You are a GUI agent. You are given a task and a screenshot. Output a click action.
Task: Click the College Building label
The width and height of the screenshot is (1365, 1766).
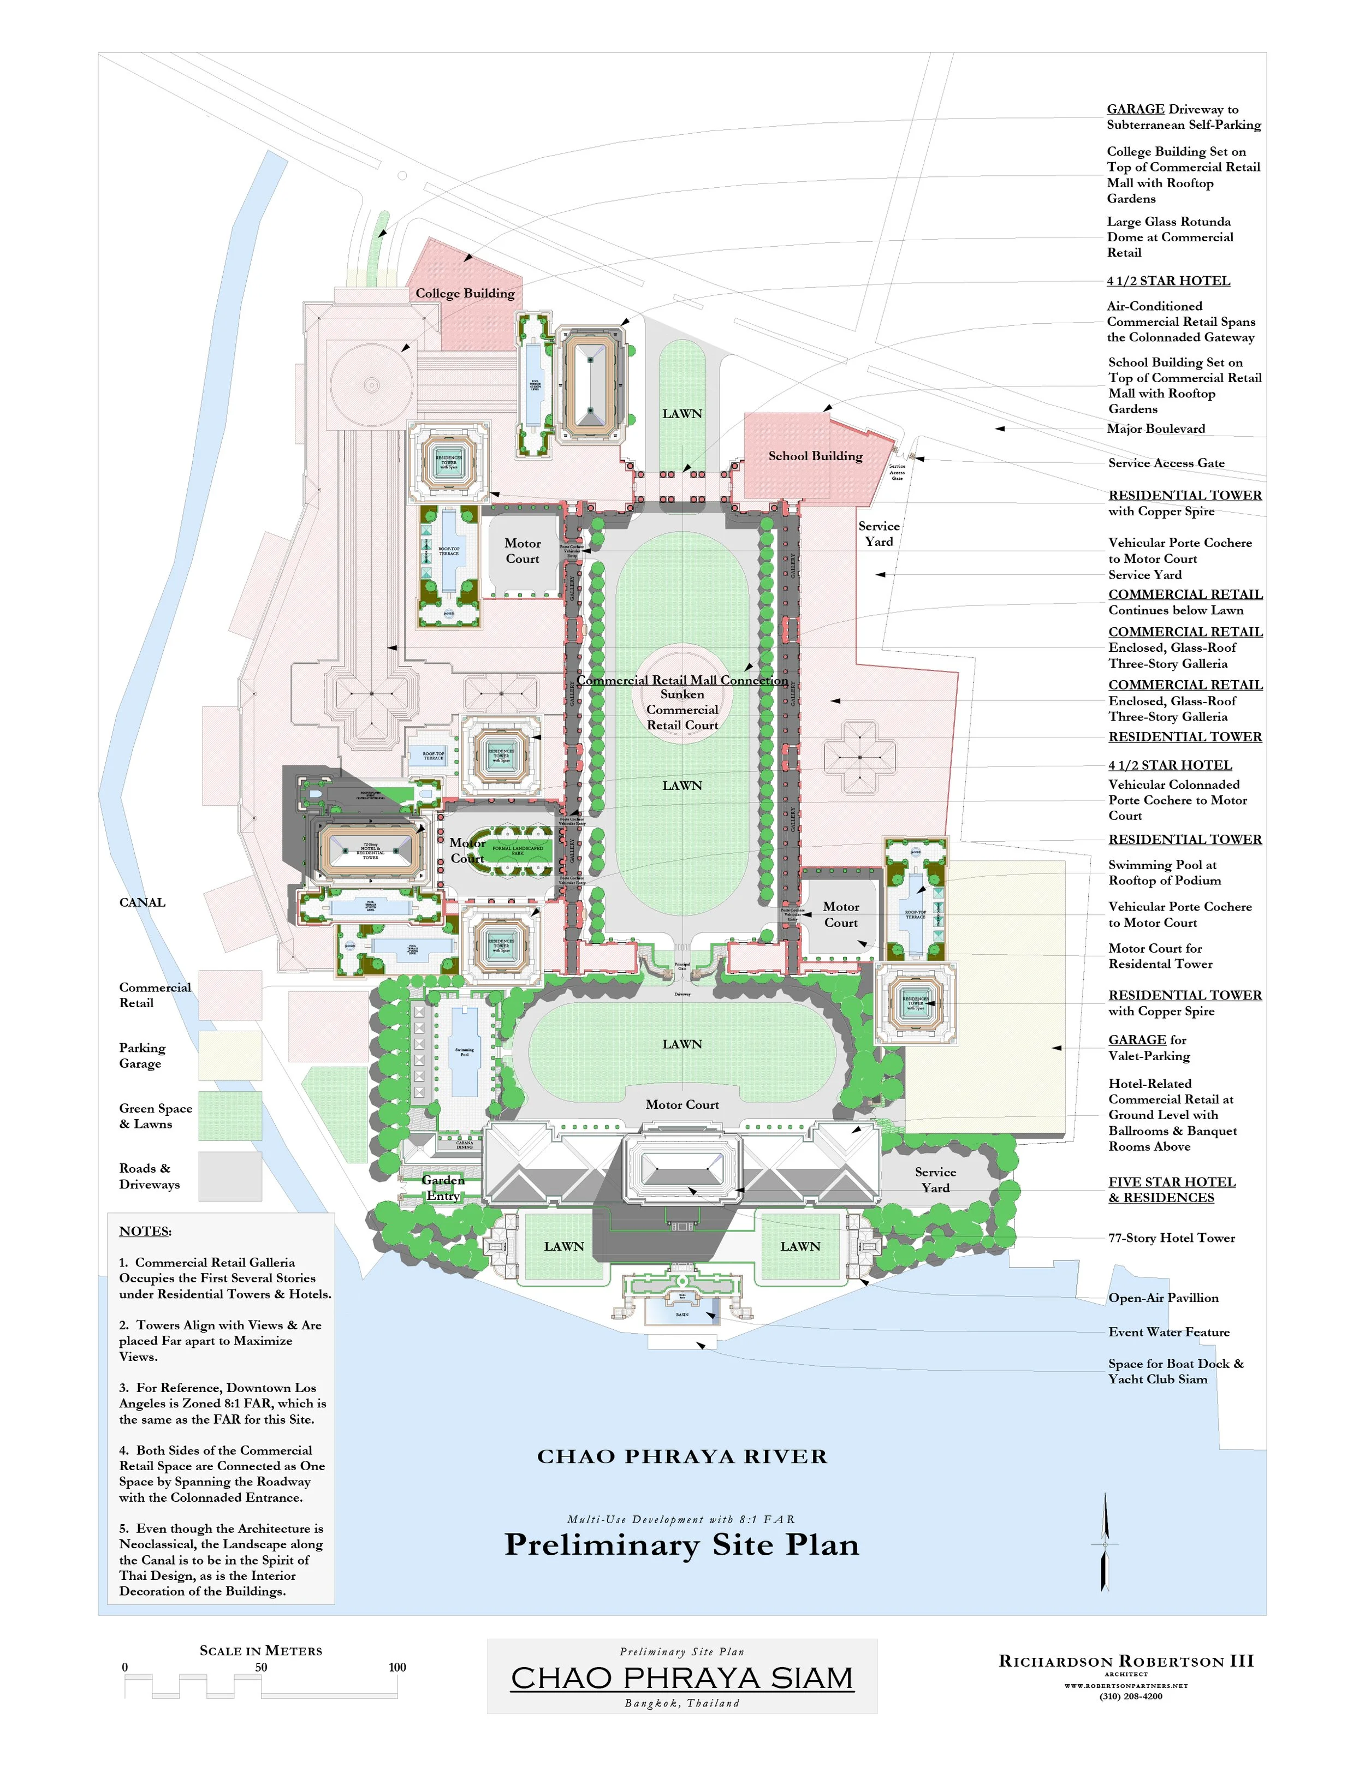(465, 294)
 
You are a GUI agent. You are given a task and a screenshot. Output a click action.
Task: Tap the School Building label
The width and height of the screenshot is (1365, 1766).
(815, 456)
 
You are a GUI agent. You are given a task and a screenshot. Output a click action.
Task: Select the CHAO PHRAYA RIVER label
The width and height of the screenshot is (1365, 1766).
(682, 1457)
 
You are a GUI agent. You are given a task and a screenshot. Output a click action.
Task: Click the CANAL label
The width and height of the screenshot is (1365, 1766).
(143, 902)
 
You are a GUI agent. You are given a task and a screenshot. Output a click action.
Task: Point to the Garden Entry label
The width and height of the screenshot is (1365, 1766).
(443, 1188)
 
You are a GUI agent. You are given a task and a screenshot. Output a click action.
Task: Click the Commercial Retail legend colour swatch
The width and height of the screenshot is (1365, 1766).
(230, 995)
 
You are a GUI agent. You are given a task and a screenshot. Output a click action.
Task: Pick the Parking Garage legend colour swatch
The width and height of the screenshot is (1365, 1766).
(230, 1055)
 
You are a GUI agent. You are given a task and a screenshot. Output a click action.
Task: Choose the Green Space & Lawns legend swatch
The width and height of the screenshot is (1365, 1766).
(230, 1116)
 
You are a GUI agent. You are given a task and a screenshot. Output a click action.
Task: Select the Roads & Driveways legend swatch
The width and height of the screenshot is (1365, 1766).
(230, 1176)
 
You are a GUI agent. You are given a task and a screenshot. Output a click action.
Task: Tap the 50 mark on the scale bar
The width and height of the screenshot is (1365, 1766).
(261, 1667)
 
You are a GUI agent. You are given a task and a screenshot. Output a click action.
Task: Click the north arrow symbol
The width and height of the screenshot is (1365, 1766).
(1105, 1544)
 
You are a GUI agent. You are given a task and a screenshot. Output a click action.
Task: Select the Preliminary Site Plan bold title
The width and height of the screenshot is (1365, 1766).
(682, 1545)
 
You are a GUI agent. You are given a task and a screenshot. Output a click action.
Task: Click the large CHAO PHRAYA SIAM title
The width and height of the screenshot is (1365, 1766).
(682, 1678)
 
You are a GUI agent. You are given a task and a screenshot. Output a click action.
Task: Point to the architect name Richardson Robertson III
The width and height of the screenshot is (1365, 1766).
(1126, 1662)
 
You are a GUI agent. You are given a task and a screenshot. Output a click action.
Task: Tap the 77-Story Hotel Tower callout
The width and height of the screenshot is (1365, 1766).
(1171, 1238)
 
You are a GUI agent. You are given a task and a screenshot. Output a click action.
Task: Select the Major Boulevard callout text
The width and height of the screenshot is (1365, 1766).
(1156, 429)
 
